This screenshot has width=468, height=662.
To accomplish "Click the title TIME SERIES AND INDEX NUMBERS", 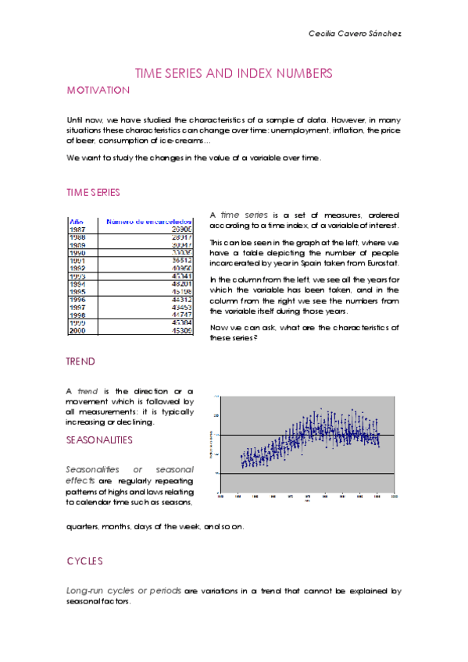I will point(234,73).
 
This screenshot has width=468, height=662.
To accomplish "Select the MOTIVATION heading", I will point(98,91).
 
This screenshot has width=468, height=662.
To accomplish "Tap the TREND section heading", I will point(80,362).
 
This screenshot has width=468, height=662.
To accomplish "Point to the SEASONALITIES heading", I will point(99,440).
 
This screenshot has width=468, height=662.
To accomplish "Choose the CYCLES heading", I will point(84,561).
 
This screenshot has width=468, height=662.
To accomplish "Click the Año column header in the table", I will point(77,222).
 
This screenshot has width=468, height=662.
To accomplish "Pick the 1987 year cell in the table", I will point(77,230).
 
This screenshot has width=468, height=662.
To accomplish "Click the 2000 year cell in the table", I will point(77,331).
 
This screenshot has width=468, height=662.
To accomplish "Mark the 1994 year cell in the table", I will point(77,284).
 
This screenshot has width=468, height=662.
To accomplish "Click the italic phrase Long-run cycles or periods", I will point(124,591).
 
